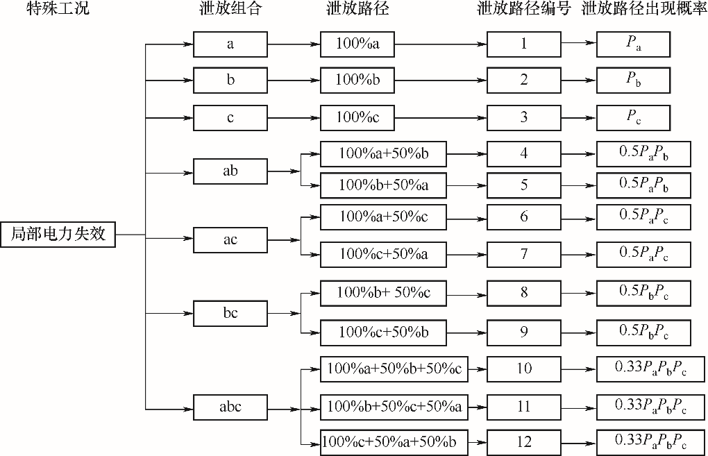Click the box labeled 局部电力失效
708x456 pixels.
(x=58, y=234)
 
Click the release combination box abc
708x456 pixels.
(x=230, y=407)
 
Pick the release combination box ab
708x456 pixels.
(x=230, y=171)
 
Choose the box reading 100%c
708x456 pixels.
(x=357, y=117)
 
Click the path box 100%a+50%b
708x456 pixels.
(x=383, y=153)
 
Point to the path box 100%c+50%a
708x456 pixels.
(x=383, y=255)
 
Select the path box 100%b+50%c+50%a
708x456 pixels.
(x=394, y=406)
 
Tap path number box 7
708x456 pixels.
(x=524, y=255)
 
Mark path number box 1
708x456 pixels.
(x=524, y=44)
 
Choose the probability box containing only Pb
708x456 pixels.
(x=633, y=81)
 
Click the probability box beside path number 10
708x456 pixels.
(x=650, y=369)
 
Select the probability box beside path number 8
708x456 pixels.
(x=643, y=293)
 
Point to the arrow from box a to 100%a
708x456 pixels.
(x=293, y=44)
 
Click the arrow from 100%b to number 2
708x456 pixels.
(x=440, y=81)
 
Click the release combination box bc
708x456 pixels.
(x=230, y=313)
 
